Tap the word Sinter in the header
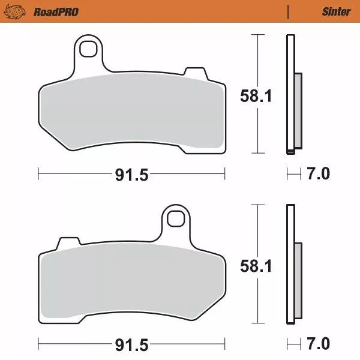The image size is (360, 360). pyautogui.click(x=336, y=11)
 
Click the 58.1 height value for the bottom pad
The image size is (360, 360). pyautogui.click(x=256, y=266)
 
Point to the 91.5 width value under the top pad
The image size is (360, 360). pyautogui.click(x=131, y=175)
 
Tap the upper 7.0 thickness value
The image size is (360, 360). pyautogui.click(x=318, y=175)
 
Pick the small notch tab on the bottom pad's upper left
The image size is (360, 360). pyautogui.click(x=68, y=243)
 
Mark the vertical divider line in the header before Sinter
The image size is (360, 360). pyautogui.click(x=289, y=11)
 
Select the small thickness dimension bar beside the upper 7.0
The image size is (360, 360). pyautogui.click(x=293, y=175)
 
